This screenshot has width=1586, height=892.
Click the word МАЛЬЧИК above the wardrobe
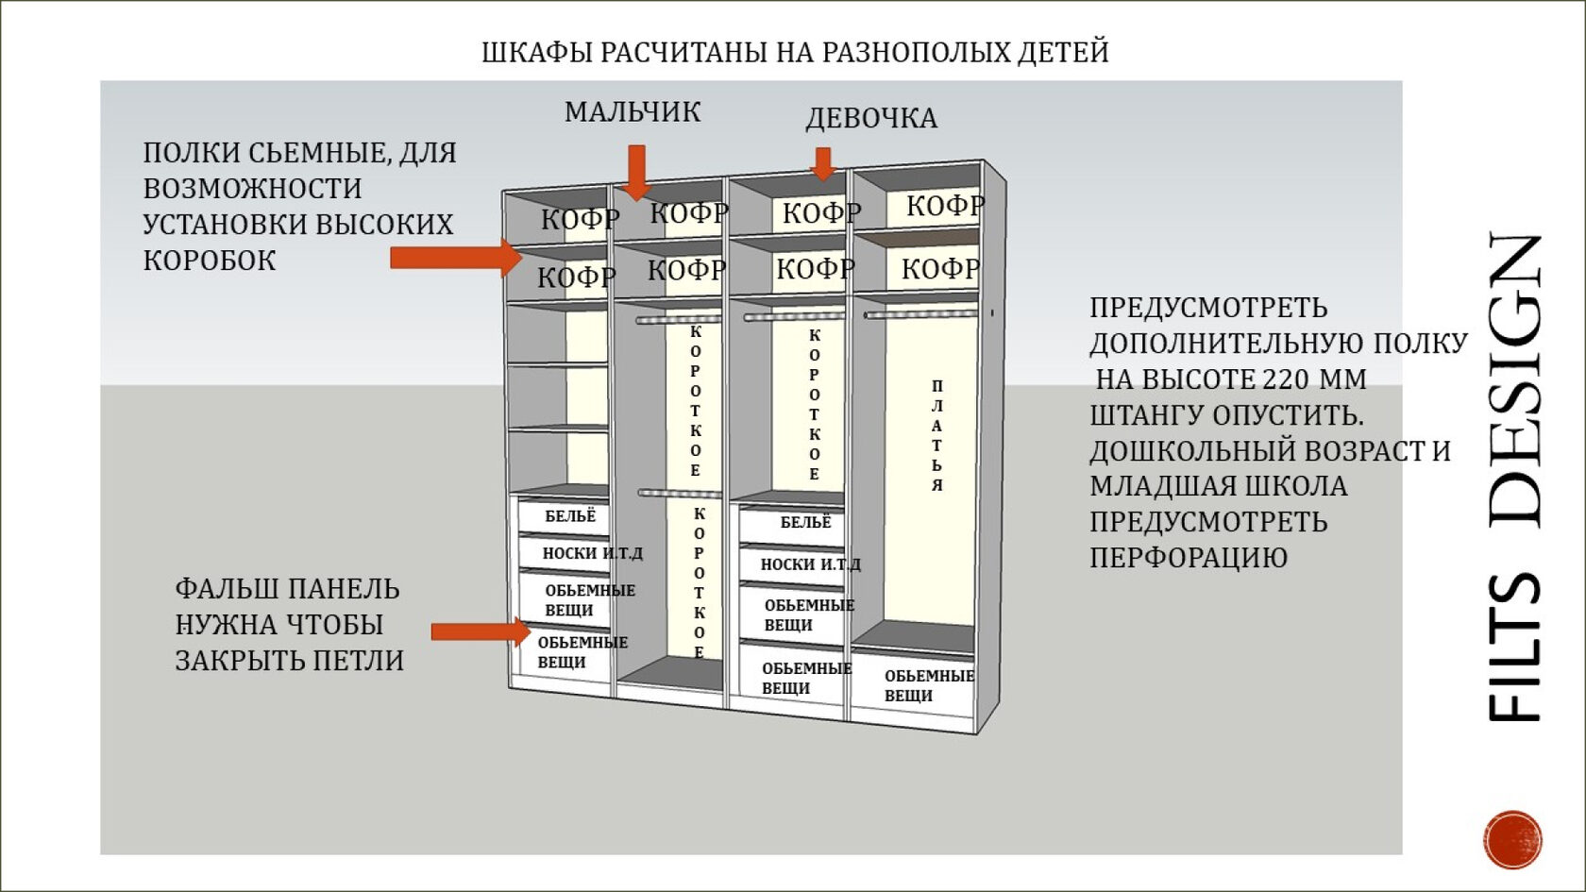[633, 112]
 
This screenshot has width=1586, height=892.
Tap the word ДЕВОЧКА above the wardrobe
[871, 118]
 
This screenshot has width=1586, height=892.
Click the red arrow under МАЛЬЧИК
[637, 171]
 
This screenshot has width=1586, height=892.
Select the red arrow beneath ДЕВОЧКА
[823, 163]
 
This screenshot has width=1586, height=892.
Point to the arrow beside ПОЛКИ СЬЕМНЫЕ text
[454, 258]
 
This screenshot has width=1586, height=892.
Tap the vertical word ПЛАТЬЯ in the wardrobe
[936, 435]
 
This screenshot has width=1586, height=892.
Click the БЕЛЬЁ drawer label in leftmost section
[570, 516]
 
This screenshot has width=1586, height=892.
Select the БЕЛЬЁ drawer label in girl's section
[805, 522]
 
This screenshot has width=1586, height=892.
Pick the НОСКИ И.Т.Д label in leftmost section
[592, 553]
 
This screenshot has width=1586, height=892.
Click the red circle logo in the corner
[1512, 838]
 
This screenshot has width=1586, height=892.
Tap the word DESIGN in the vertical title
[1516, 379]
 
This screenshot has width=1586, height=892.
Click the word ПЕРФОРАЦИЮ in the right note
[1189, 558]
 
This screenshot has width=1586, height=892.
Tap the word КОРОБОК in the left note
[210, 261]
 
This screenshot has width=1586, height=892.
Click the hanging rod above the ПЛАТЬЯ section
[920, 314]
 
